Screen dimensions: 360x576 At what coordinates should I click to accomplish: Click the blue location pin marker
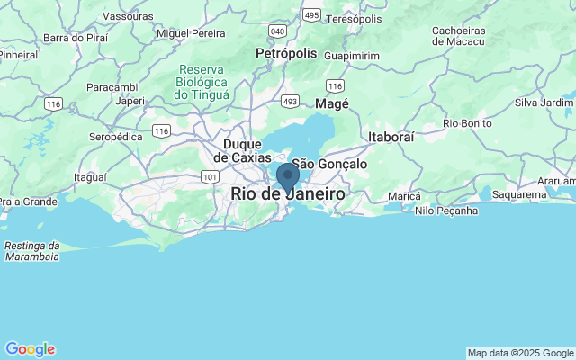pyautogui.click(x=288, y=176)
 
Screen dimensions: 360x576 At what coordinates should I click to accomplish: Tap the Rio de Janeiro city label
pyautogui.click(x=288, y=194)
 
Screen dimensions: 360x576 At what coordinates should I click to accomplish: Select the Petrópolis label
pyautogui.click(x=286, y=53)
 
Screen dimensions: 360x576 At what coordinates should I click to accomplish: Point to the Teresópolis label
pyautogui.click(x=354, y=19)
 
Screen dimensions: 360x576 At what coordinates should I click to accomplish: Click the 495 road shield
pyautogui.click(x=311, y=15)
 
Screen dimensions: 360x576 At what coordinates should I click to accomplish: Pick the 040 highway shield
pyautogui.click(x=277, y=31)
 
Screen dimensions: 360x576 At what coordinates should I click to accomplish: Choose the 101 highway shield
pyautogui.click(x=210, y=177)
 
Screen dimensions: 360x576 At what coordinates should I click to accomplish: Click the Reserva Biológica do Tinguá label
pyautogui.click(x=202, y=82)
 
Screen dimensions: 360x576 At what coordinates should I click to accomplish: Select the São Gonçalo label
pyautogui.click(x=330, y=165)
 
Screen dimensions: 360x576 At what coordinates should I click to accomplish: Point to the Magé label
pyautogui.click(x=332, y=105)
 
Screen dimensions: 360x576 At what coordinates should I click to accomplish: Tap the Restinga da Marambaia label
pyautogui.click(x=32, y=250)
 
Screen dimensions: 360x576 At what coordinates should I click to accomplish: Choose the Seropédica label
pyautogui.click(x=116, y=137)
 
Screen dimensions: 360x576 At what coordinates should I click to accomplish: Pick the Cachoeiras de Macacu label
pyautogui.click(x=458, y=35)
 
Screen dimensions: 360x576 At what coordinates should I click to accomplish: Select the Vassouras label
pyautogui.click(x=128, y=16)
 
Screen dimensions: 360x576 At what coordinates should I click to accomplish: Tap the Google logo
pyautogui.click(x=30, y=349)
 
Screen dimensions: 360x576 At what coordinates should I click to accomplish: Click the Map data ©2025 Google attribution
pyautogui.click(x=520, y=353)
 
